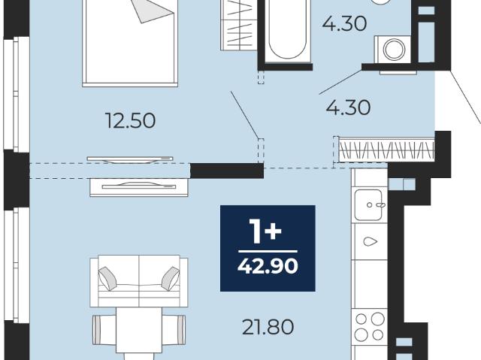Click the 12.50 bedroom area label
click(x=130, y=120)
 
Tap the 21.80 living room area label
click(x=268, y=327)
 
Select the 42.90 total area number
click(x=268, y=265)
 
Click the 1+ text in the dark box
click(x=265, y=231)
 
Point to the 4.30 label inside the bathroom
click(x=344, y=23)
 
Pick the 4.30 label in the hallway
click(x=348, y=107)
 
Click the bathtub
click(x=288, y=31)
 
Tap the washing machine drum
click(x=394, y=50)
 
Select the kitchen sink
click(x=369, y=205)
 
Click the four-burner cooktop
click(x=369, y=327)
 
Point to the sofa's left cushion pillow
click(x=107, y=278)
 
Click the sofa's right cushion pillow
click(x=171, y=278)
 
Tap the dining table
click(x=138, y=330)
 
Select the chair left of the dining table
click(x=104, y=330)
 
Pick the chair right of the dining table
click(x=174, y=330)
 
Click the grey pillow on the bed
click(x=153, y=11)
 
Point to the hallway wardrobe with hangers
click(x=386, y=150)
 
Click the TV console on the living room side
click(x=139, y=187)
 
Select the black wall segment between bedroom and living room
click(x=227, y=171)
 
